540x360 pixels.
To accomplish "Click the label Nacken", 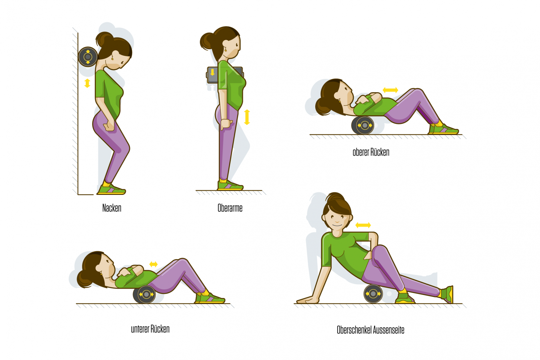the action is click(112, 208).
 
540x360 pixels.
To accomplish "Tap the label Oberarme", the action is click(230, 208).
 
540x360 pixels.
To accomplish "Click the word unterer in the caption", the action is click(140, 329).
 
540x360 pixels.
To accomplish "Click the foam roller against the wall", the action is click(88, 57).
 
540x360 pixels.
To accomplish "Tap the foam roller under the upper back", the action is click(363, 125).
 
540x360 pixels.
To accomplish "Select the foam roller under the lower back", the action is click(144, 294).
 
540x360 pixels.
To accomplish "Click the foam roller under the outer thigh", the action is click(373, 294).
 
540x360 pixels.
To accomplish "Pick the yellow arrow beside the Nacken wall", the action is click(87, 83).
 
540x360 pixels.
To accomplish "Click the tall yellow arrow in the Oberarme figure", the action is click(247, 117).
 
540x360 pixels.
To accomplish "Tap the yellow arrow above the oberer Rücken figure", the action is click(390, 90).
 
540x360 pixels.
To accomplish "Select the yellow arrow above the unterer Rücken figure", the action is click(153, 264).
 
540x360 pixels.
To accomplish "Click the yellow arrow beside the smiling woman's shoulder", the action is click(363, 225).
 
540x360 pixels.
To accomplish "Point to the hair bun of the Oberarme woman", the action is click(207, 42).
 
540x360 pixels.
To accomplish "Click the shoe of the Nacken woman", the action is click(111, 190).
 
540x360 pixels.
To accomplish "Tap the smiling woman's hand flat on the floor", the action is click(308, 300).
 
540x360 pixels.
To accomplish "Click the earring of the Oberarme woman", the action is click(226, 50).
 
